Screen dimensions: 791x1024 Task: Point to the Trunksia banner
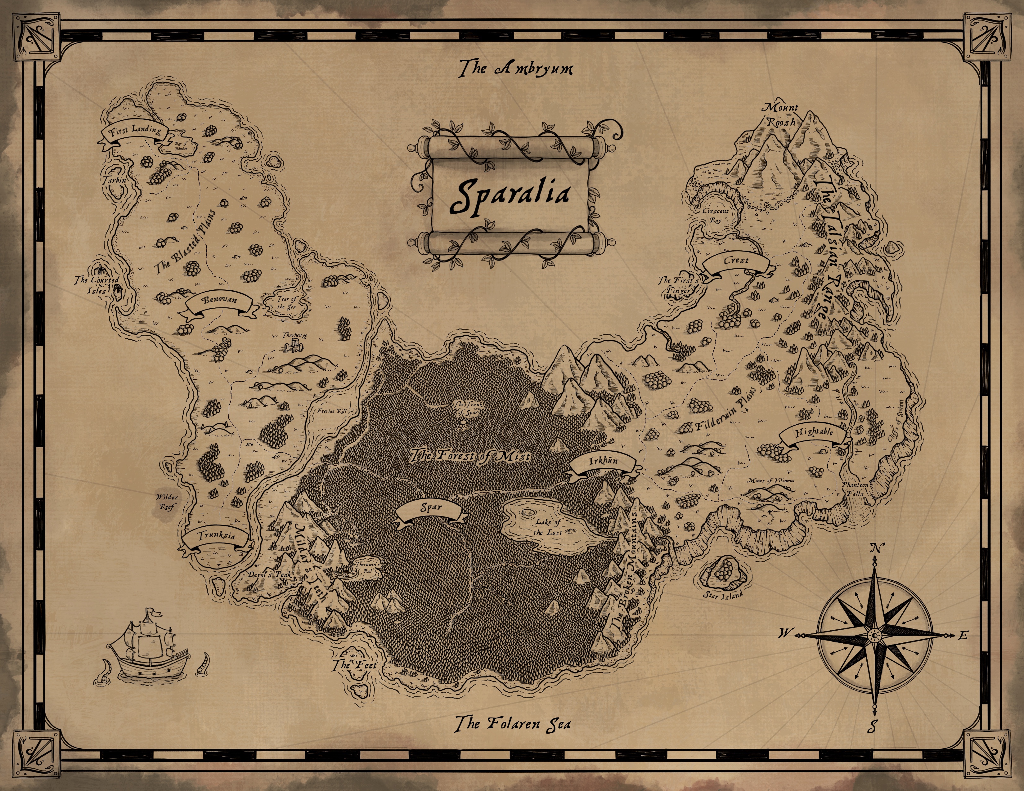[x=216, y=536]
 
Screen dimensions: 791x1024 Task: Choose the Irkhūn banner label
[x=603, y=461]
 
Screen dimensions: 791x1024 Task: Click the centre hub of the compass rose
[x=874, y=635]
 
